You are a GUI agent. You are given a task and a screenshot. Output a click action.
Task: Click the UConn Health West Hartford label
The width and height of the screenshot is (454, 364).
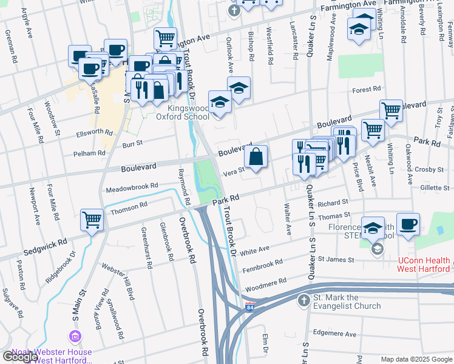(x=424, y=265)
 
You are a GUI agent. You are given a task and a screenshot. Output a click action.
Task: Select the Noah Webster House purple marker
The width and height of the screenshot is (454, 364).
(x=75, y=337)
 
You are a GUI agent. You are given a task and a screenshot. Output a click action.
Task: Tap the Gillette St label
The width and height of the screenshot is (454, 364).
(x=435, y=188)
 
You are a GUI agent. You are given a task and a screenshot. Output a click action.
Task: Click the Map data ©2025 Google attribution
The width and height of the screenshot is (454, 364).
(x=416, y=359)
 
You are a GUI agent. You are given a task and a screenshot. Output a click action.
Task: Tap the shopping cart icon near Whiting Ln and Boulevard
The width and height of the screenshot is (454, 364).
(x=391, y=110)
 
